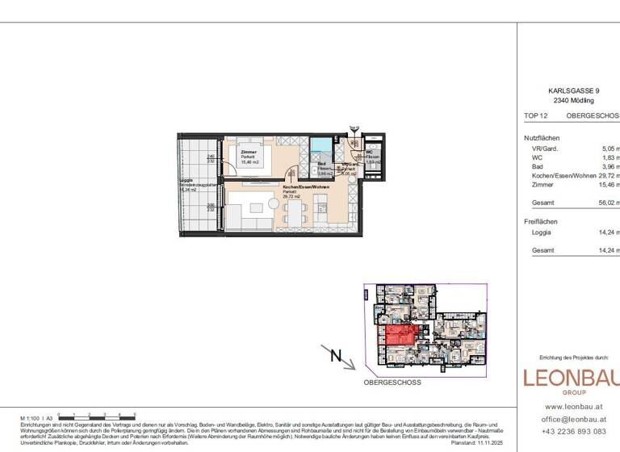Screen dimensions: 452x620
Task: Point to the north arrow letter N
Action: tap(337, 356)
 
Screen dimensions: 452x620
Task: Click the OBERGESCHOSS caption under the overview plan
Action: tap(392, 382)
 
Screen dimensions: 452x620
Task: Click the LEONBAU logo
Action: tap(572, 379)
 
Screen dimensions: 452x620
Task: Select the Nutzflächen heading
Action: tap(541, 138)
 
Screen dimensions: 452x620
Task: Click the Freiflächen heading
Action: tap(540, 221)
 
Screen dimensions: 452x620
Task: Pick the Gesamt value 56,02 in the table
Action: tap(610, 203)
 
